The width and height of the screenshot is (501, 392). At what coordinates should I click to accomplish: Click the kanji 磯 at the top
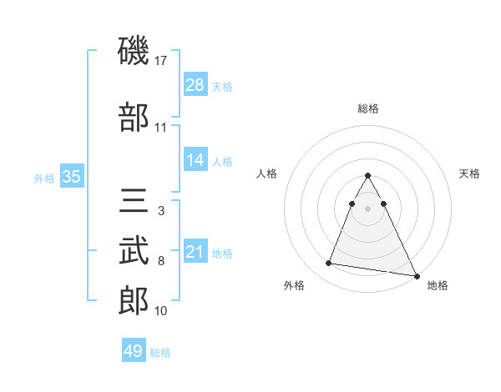[134, 52]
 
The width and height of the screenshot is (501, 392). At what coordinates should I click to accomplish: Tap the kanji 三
[134, 203]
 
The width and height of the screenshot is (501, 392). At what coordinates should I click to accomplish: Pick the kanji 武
[134, 250]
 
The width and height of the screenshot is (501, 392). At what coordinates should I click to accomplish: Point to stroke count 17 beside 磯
[161, 61]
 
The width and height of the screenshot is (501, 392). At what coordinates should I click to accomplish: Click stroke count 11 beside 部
[161, 128]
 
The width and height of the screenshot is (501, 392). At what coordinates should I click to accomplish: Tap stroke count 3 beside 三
[161, 211]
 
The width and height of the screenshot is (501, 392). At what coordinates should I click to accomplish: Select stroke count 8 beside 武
[161, 261]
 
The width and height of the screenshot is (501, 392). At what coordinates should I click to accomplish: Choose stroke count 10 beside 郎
[161, 311]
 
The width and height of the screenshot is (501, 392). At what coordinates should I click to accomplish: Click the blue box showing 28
[195, 85]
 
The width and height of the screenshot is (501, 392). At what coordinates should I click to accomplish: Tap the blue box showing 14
[195, 160]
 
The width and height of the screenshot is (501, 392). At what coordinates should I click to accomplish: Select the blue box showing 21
[195, 252]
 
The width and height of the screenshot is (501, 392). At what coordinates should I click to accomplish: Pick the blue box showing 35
[72, 177]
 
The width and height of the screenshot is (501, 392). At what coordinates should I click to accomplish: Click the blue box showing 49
[134, 351]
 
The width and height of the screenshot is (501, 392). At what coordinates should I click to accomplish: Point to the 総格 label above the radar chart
[368, 109]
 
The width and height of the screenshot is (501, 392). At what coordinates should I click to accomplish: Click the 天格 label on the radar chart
[470, 173]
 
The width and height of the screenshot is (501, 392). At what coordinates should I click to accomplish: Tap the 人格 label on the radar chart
[267, 173]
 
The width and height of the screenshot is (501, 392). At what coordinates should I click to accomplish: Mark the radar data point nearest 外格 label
[329, 264]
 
